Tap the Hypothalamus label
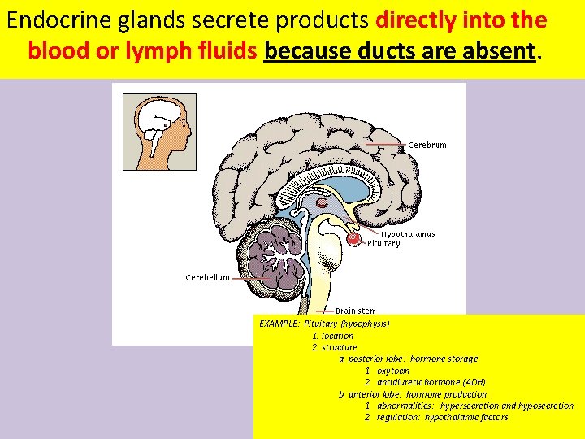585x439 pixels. coord(408,234)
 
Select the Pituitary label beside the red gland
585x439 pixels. coord(383,243)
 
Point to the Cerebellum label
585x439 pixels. coord(207,277)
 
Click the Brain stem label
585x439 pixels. coord(355,311)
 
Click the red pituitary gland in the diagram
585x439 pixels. coord(353,239)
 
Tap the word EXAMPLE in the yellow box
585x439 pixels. coord(279,324)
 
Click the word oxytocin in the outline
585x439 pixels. coord(393,371)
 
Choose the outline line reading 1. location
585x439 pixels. coord(332,336)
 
